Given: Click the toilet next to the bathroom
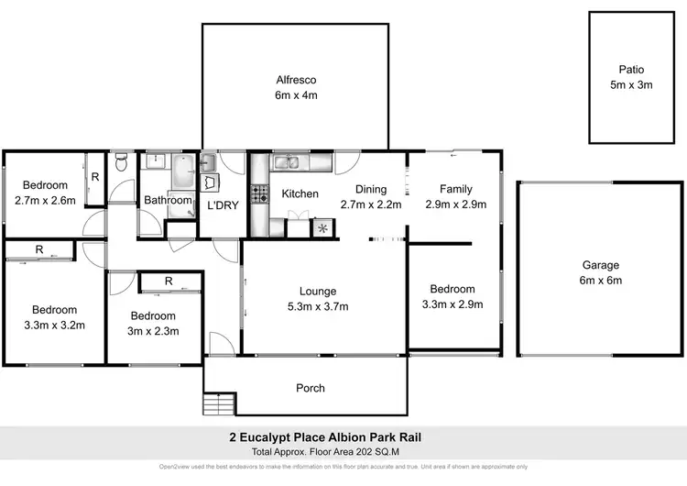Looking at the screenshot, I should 122,163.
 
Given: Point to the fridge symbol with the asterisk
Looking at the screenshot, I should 322,228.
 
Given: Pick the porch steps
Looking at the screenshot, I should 213,403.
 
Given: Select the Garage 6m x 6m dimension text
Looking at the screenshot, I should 601,280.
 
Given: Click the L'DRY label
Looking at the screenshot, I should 222,205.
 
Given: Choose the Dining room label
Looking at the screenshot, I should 371,189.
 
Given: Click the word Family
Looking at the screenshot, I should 455,189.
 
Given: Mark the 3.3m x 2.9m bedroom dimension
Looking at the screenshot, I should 453,304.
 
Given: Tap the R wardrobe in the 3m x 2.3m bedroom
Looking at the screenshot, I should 169,282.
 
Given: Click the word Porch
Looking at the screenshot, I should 311,388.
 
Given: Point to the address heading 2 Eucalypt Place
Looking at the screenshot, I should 343,437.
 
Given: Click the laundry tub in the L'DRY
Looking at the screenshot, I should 208,163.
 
